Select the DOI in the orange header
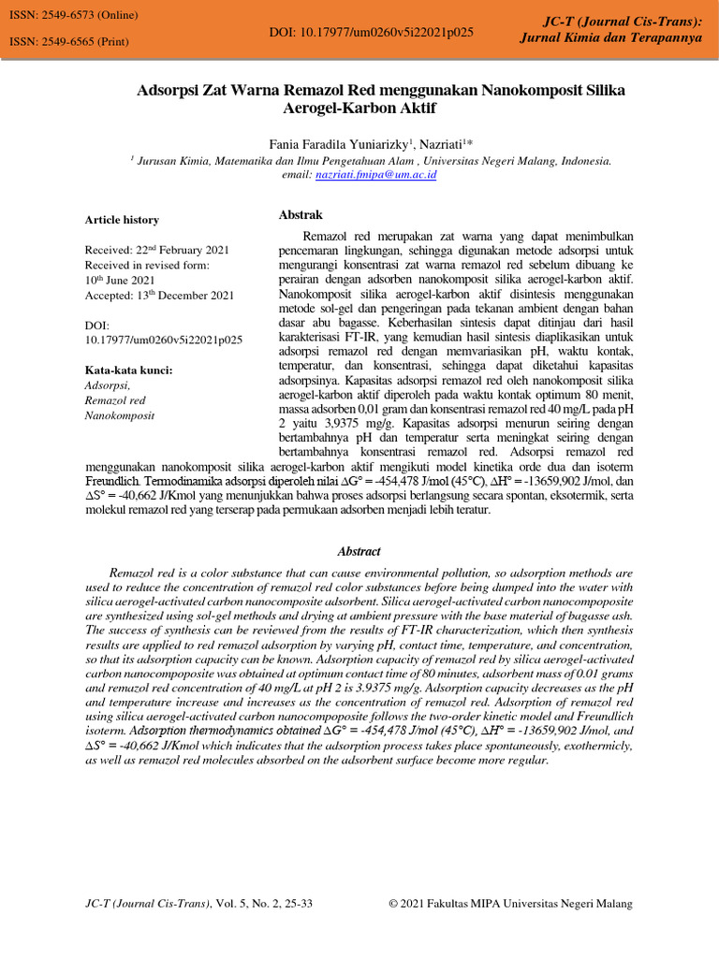[x=371, y=32]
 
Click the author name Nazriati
[x=444, y=143]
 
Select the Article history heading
[x=122, y=220]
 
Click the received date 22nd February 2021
[x=156, y=251]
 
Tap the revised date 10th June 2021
[x=120, y=280]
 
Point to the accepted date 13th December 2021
[x=159, y=295]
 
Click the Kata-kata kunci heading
[x=128, y=370]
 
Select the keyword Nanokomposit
[x=120, y=414]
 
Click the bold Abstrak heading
[x=301, y=214]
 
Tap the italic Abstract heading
[x=359, y=552]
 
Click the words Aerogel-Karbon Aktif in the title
[x=359, y=109]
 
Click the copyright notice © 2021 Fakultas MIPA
[x=510, y=904]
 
